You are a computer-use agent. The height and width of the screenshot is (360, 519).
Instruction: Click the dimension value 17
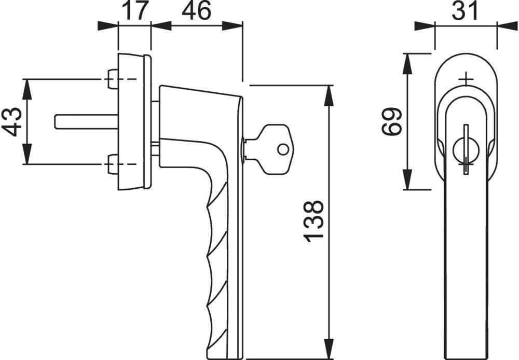click(134, 11)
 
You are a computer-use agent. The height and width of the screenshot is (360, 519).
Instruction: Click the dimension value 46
click(197, 11)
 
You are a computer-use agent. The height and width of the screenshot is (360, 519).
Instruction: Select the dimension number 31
click(465, 11)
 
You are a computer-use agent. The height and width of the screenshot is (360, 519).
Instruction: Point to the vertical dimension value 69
click(392, 121)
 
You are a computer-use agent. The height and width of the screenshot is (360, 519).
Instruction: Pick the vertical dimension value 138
click(315, 220)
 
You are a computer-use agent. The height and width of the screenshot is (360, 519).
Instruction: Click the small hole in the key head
click(282, 149)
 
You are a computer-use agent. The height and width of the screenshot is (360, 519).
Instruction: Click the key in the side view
click(270, 148)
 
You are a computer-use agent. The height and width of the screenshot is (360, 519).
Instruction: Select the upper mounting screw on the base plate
click(112, 79)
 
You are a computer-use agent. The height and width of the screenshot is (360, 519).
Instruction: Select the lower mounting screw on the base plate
click(112, 165)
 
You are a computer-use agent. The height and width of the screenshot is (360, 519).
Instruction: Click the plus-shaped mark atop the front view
click(467, 79)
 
